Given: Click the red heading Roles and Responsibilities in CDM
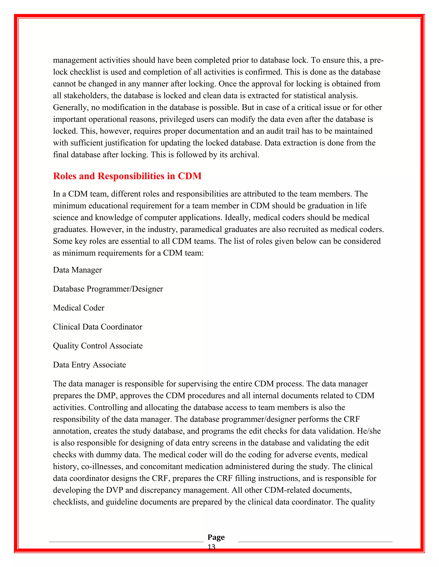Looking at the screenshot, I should click(x=127, y=176).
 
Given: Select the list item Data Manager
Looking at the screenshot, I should click(x=77, y=270).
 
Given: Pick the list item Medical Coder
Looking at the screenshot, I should click(x=78, y=308).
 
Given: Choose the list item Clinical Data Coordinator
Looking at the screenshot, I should click(x=98, y=327).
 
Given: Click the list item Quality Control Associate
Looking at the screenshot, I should click(x=98, y=346).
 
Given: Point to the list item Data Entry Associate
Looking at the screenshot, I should click(x=89, y=365).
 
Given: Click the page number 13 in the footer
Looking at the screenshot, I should click(x=211, y=547).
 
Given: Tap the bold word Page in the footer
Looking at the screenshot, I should click(x=216, y=537).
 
